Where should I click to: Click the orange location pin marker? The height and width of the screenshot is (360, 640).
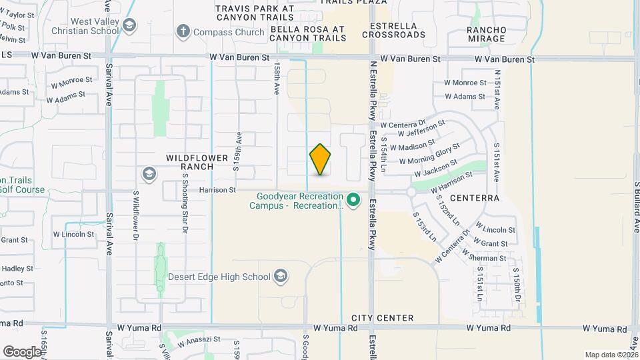pos(321,159)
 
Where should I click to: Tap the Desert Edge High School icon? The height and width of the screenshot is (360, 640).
pos(281,276)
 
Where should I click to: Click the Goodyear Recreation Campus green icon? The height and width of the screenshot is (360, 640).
pos(354,199)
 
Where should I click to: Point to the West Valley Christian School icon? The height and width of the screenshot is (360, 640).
pos(129,25)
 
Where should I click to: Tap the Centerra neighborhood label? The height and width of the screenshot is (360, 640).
pos(475,198)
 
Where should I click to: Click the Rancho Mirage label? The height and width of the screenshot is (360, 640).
pos(486,34)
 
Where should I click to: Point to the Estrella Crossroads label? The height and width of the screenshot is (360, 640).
pos(393,30)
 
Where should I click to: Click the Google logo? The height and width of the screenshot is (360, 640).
pos(21,351)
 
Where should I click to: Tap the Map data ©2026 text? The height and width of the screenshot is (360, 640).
pos(611,355)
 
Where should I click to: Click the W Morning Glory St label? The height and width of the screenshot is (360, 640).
pos(429,153)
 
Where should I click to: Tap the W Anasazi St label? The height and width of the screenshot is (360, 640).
pos(199,341)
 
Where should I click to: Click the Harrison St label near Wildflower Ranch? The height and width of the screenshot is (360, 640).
pos(217,190)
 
